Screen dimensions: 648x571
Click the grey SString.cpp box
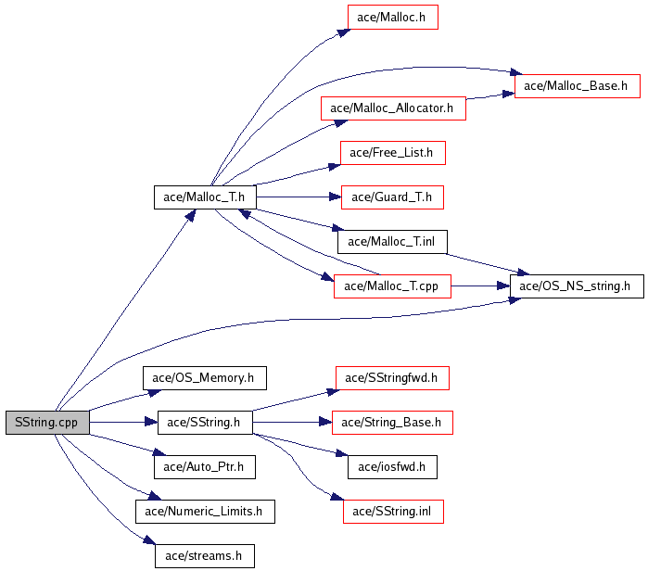click(x=47, y=423)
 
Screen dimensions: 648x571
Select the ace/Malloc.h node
click(x=393, y=17)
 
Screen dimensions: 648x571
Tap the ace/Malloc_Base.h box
click(x=577, y=86)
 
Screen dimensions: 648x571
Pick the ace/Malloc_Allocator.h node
click(x=393, y=108)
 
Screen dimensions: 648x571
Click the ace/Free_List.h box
click(x=393, y=153)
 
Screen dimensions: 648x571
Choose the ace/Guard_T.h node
click(x=392, y=197)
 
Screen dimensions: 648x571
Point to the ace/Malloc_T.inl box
click(x=392, y=242)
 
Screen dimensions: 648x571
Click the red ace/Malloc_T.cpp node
click(x=392, y=285)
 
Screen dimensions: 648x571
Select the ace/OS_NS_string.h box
click(x=577, y=285)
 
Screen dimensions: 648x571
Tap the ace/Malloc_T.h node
click(x=205, y=197)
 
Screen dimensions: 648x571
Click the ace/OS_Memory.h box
click(x=205, y=377)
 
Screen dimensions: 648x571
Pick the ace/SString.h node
click(x=205, y=423)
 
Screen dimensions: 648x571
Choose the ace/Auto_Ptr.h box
click(x=205, y=467)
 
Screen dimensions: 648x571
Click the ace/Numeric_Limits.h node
click(x=205, y=512)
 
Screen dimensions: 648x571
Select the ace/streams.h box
click(x=205, y=556)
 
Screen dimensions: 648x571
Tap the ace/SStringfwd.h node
click(x=392, y=377)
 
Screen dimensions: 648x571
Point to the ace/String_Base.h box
click(x=392, y=423)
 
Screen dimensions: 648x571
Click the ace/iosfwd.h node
click(x=392, y=467)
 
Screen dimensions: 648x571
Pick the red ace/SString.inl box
click(x=393, y=512)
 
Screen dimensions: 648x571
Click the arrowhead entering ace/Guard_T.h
click(x=336, y=197)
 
